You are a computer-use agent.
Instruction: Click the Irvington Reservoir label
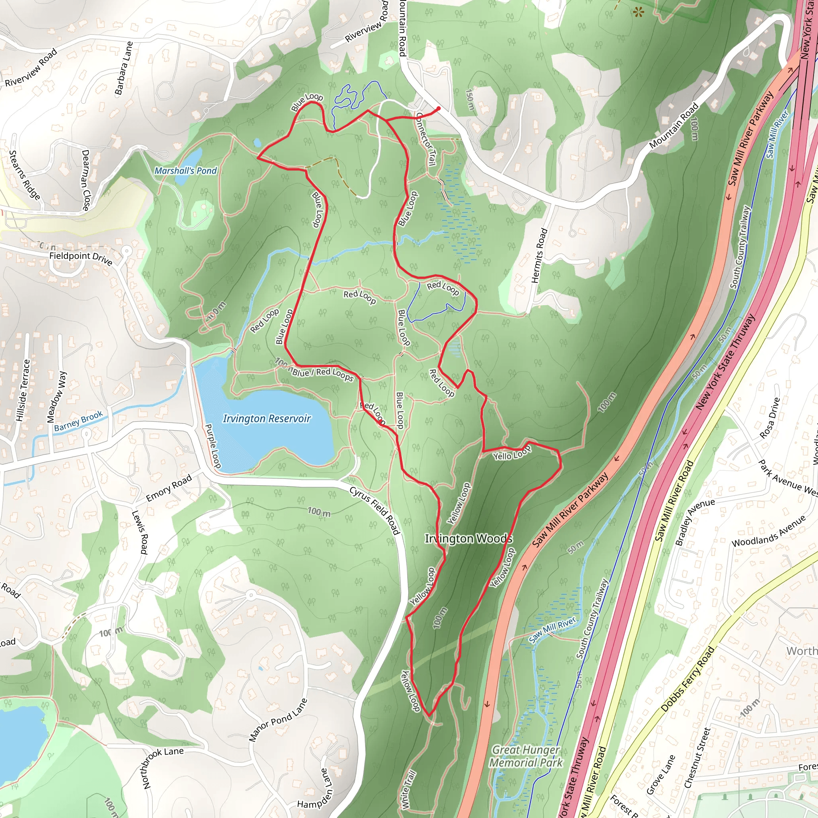(267, 419)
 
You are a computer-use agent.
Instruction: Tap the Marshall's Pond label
(185, 171)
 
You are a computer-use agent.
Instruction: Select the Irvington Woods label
(468, 538)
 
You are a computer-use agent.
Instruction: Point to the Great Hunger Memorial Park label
(526, 756)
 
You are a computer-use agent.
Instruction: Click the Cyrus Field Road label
(375, 510)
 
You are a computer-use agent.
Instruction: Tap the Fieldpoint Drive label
(81, 258)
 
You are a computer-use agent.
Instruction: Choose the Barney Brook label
(78, 421)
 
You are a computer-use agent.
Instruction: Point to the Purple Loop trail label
(213, 446)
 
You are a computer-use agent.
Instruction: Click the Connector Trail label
(425, 140)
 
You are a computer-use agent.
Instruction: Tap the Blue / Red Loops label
(323, 373)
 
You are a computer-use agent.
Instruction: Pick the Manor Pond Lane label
(278, 720)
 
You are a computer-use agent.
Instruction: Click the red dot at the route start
(438, 109)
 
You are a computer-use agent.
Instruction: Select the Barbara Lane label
(124, 68)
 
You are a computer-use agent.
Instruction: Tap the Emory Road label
(169, 488)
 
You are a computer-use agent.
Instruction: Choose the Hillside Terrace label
(23, 390)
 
